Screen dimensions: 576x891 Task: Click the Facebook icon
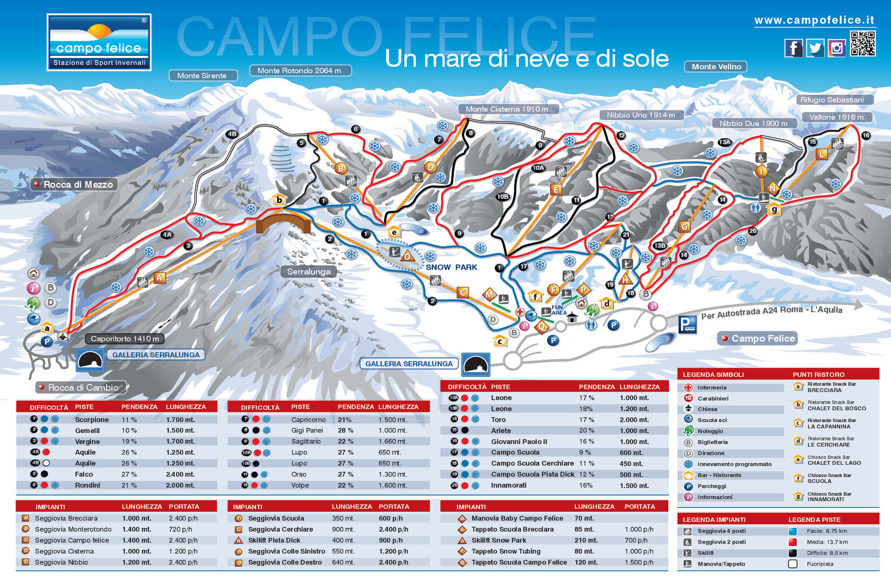click(793, 48)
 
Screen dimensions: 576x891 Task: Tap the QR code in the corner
click(862, 44)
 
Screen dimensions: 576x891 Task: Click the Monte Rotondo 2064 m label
click(300, 70)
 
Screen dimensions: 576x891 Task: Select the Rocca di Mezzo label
click(74, 184)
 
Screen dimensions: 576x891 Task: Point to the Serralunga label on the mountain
click(309, 272)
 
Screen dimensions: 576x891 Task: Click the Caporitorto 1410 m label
click(124, 339)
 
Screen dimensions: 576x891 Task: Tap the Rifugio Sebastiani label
click(832, 100)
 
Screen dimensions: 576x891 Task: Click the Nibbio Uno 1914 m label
click(641, 115)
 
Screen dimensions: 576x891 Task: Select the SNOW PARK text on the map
click(451, 267)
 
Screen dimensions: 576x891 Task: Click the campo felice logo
click(99, 42)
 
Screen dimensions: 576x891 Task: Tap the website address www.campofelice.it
click(814, 20)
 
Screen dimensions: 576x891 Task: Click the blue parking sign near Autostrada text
click(687, 325)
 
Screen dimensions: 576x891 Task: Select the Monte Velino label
click(716, 67)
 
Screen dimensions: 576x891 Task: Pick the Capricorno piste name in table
click(308, 420)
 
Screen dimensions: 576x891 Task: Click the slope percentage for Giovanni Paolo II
click(586, 442)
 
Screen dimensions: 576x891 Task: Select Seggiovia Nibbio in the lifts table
click(61, 562)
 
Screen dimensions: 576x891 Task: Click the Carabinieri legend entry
click(713, 398)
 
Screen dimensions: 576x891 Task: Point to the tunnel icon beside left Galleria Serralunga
click(90, 360)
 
